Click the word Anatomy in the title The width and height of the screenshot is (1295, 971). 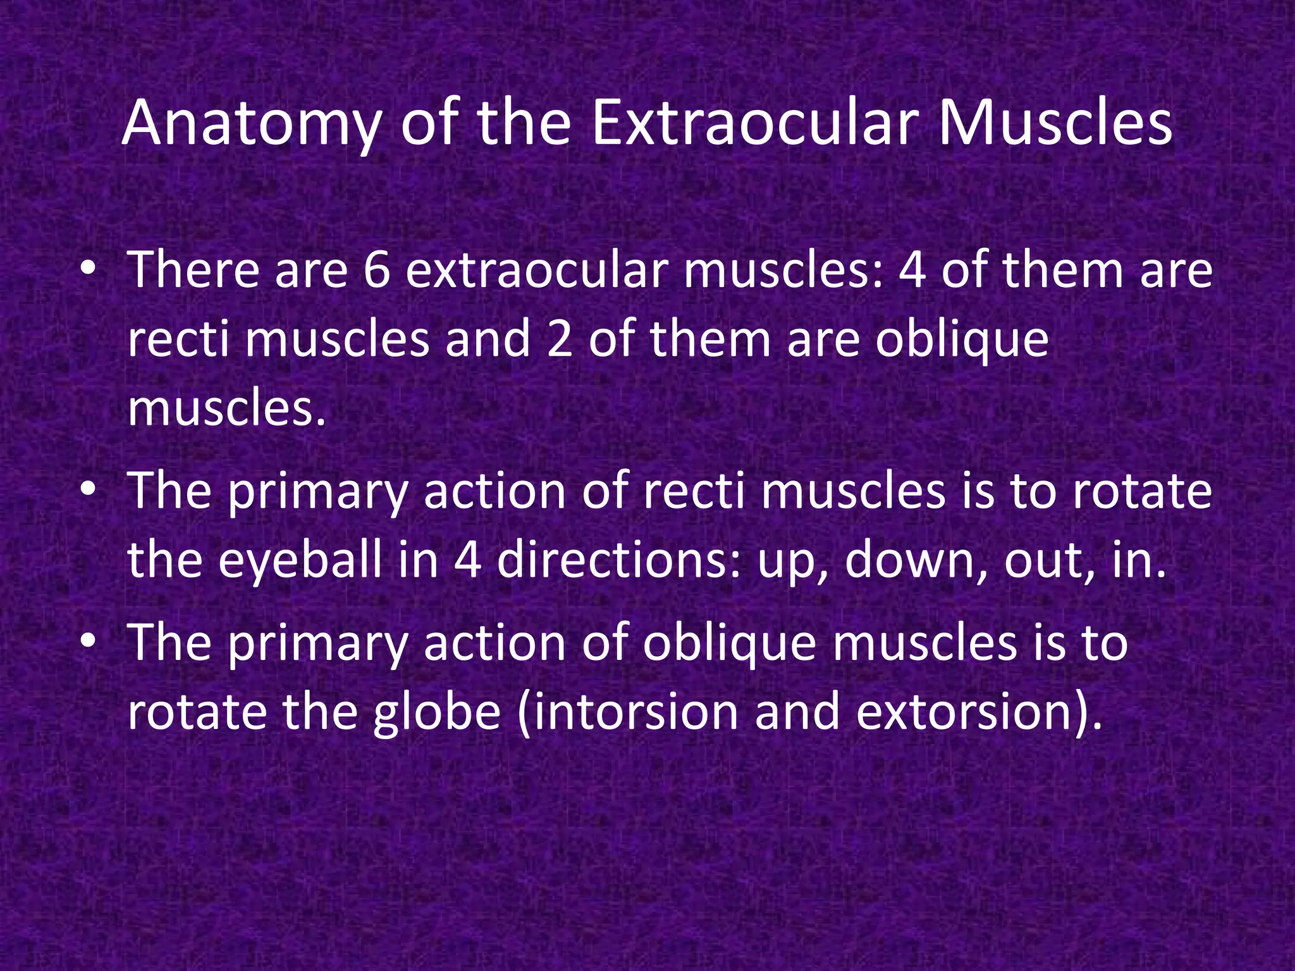250,125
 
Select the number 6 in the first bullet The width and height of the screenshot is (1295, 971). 377,271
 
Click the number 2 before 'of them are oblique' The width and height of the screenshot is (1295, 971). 560,339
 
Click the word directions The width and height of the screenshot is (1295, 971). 618,560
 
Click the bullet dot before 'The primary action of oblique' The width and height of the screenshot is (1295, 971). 88,642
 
